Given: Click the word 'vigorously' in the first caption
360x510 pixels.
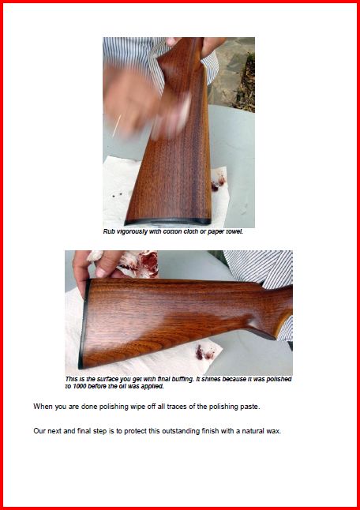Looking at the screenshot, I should click(x=130, y=232).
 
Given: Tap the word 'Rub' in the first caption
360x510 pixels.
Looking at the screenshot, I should click(x=109, y=232).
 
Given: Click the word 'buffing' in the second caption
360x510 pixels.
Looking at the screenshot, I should click(x=182, y=380).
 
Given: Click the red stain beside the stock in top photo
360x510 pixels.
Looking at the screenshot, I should click(x=218, y=181).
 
